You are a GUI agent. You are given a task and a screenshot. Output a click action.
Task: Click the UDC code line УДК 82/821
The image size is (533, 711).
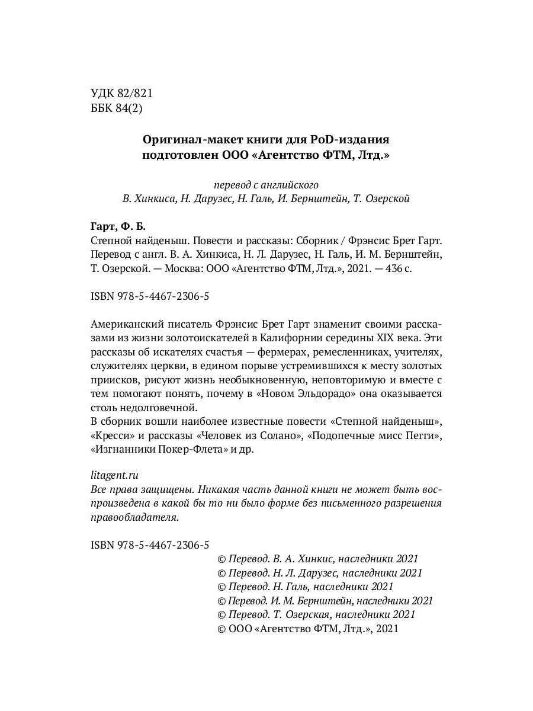pos(123,93)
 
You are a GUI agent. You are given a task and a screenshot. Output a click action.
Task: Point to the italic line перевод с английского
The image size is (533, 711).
pos(266,184)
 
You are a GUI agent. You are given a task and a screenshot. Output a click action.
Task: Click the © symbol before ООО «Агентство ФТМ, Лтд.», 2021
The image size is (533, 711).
pos(223,629)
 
